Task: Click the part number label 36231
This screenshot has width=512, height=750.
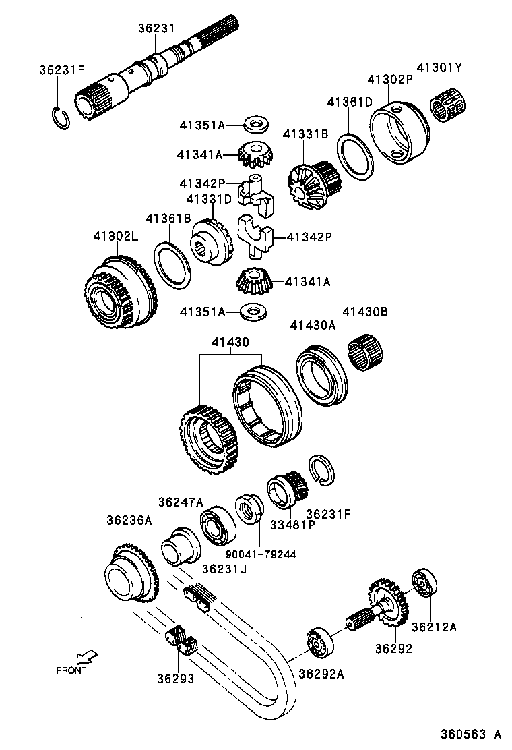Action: (x=156, y=28)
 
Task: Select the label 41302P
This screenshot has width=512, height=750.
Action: (x=389, y=79)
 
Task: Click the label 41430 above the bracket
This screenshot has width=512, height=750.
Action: (x=231, y=343)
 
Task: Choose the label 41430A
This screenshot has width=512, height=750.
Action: (x=313, y=325)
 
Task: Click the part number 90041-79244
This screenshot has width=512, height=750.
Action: (x=261, y=554)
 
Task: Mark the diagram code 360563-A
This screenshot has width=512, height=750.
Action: (x=471, y=734)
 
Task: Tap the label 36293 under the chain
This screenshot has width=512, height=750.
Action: (x=176, y=679)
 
